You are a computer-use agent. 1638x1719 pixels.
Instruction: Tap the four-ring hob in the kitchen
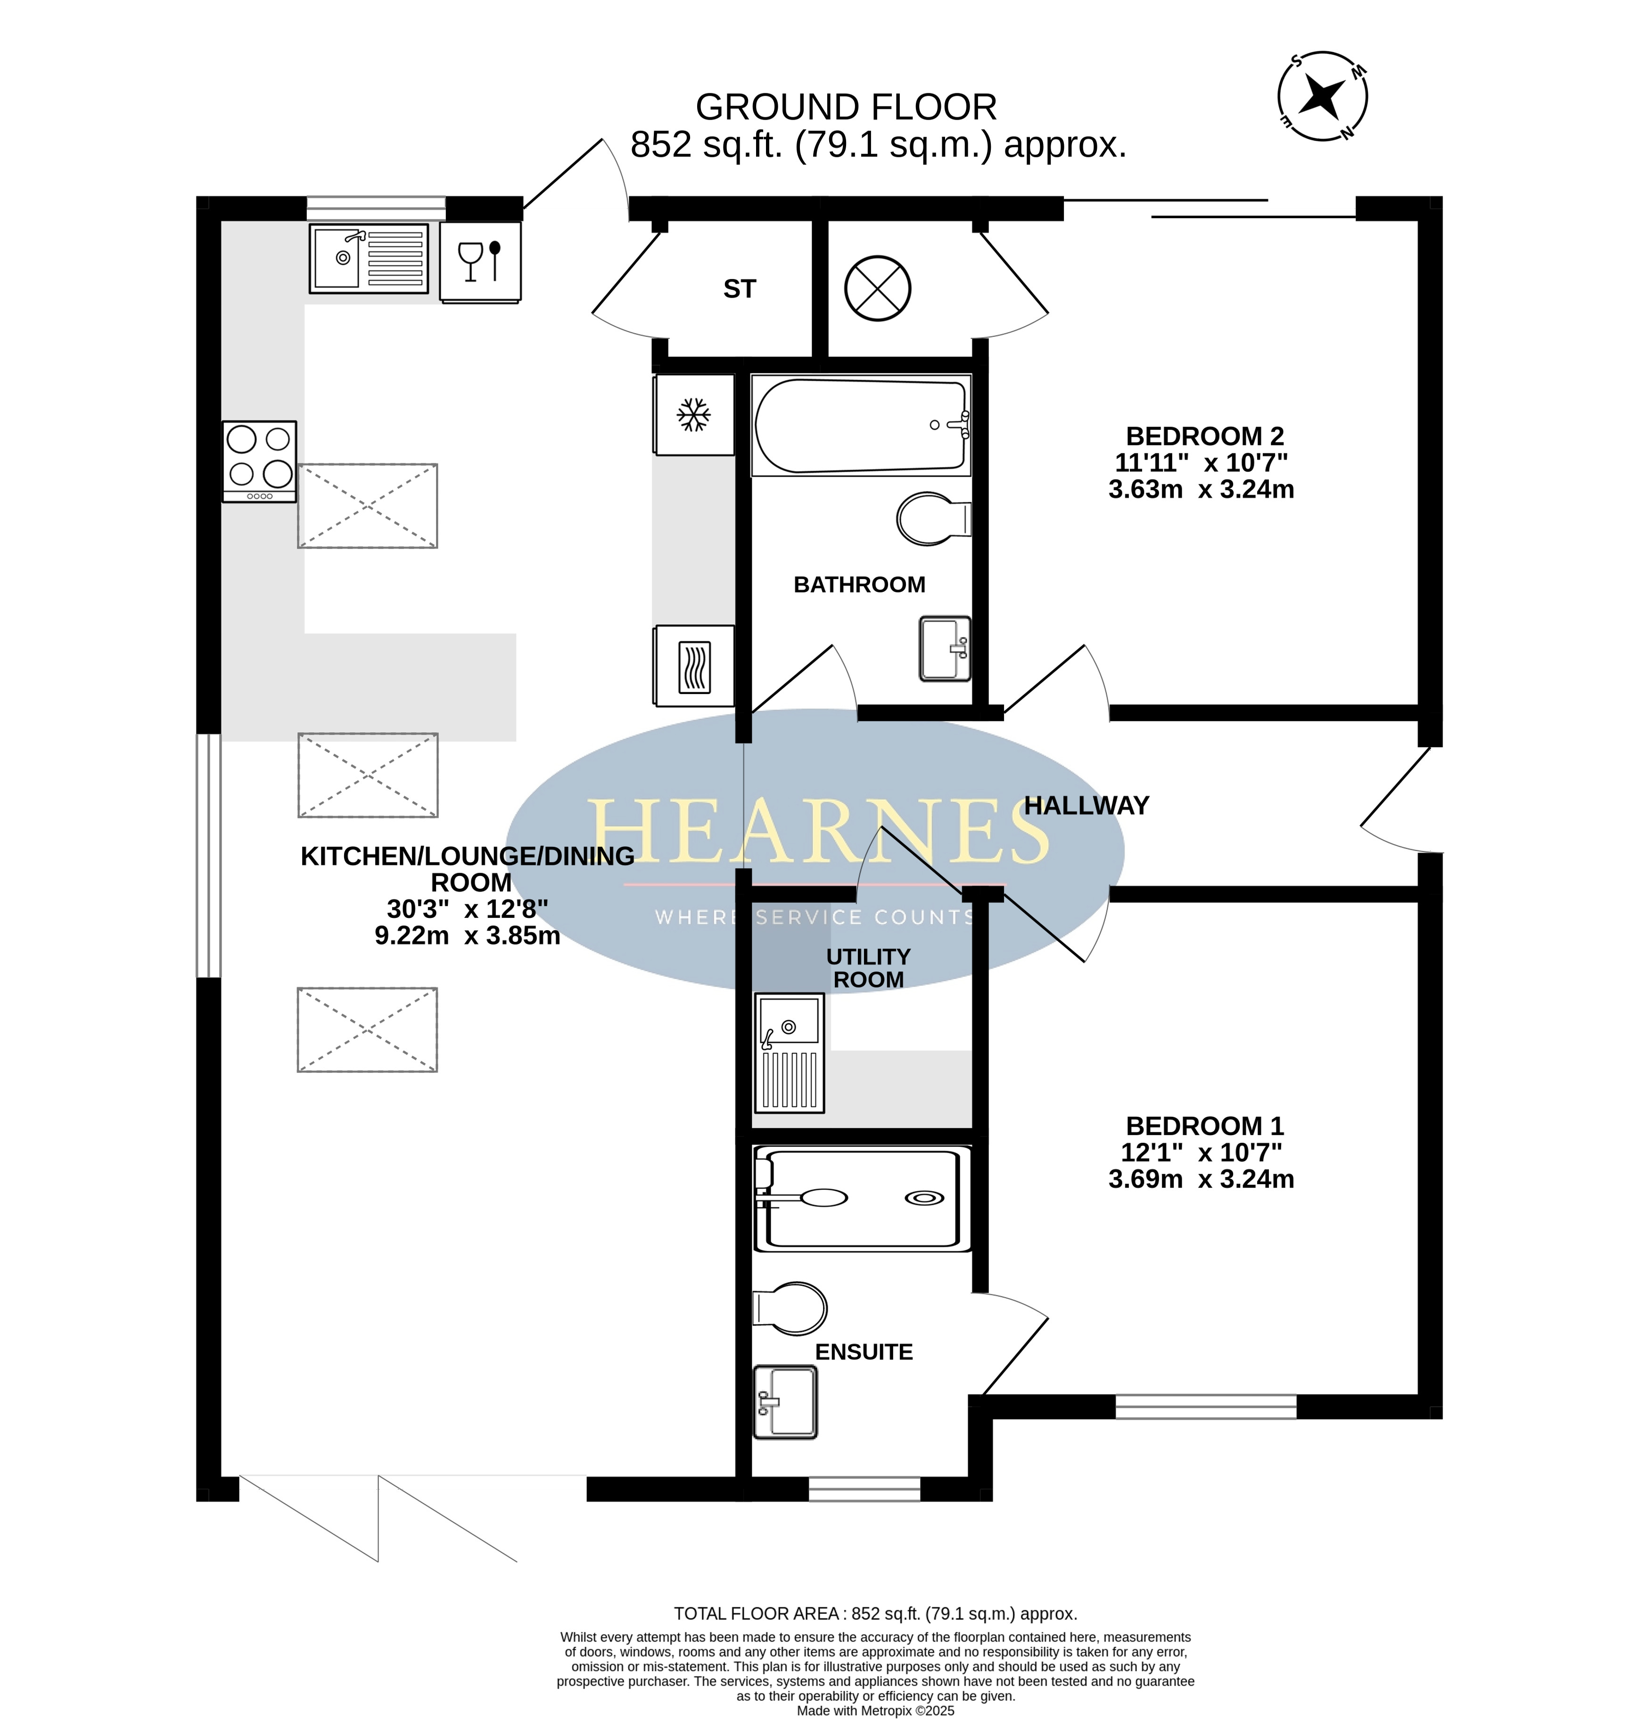[x=259, y=461]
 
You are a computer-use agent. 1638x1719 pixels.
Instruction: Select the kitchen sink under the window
[x=369, y=258]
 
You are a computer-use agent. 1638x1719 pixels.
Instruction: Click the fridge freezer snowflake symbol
[x=694, y=415]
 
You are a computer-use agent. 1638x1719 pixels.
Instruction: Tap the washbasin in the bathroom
[x=945, y=649]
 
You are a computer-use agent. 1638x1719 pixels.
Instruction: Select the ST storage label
[x=740, y=289]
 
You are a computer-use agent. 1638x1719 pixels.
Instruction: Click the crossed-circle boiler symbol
[x=878, y=288]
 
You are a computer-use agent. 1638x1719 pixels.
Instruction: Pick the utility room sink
[x=790, y=1053]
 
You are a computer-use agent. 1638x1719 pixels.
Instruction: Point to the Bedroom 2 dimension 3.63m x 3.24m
[x=1202, y=489]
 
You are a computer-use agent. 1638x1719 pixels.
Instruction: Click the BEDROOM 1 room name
[x=1205, y=1126]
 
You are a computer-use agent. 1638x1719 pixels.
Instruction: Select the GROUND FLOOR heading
[x=846, y=107]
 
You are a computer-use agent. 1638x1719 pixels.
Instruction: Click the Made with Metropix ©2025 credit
[x=876, y=1710]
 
